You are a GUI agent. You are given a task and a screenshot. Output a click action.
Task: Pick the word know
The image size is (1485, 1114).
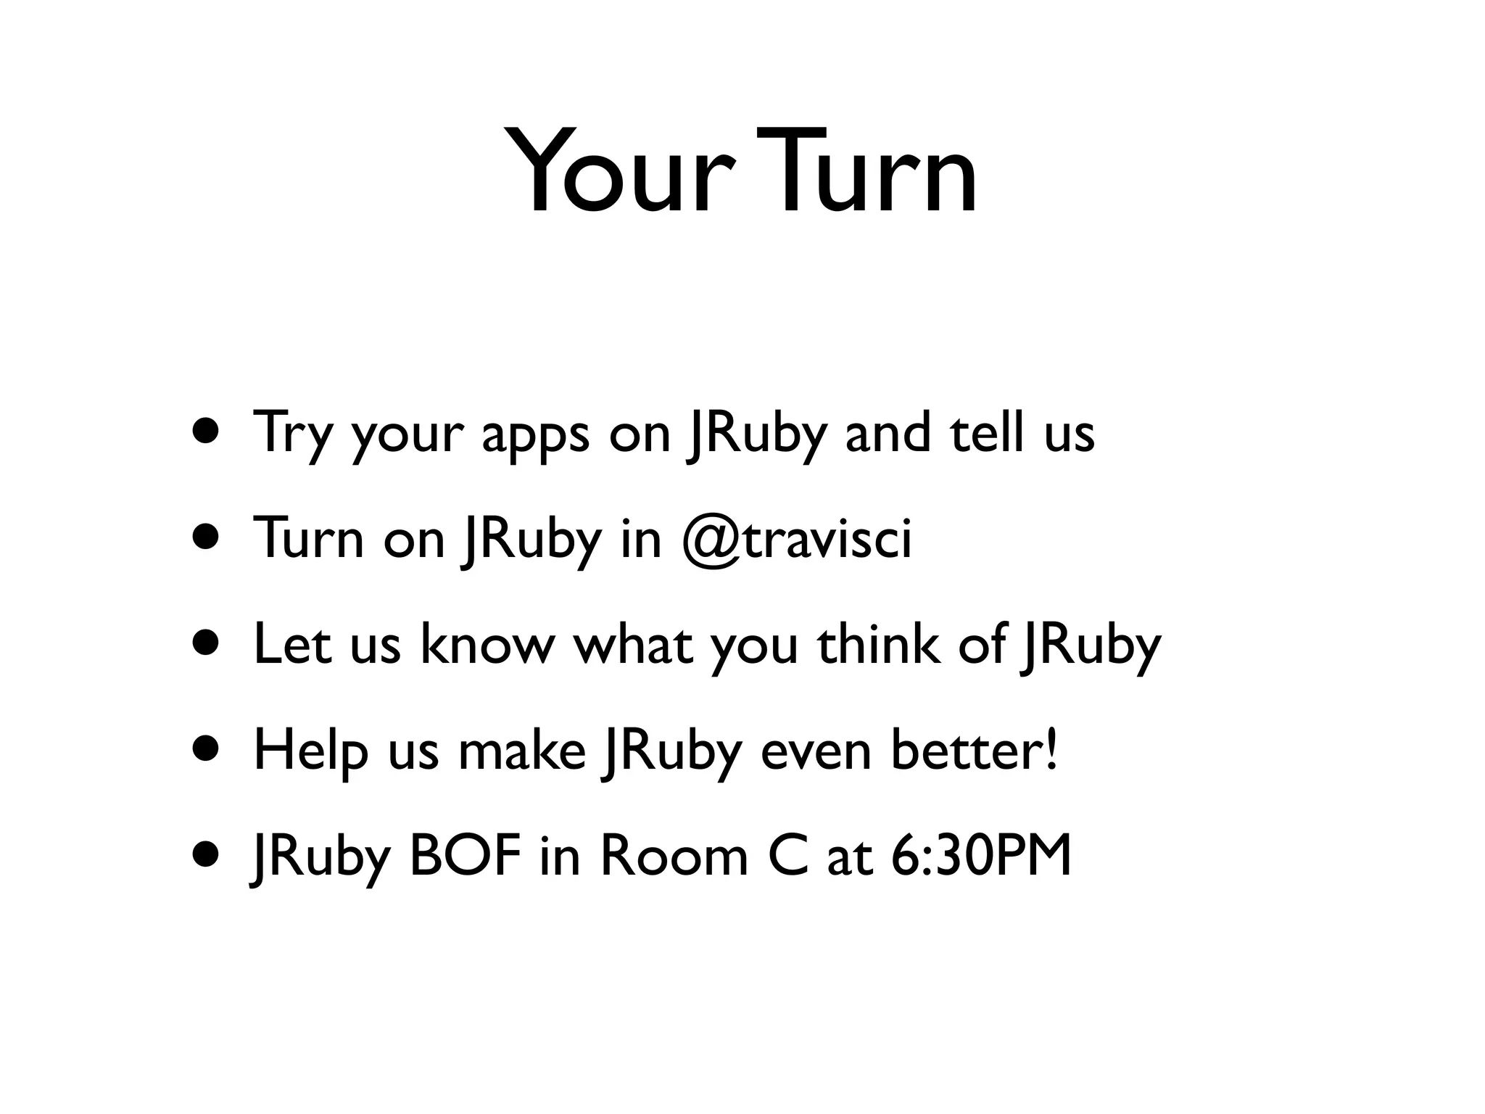point(486,644)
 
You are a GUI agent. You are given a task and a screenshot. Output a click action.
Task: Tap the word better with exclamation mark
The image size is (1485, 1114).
point(975,750)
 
